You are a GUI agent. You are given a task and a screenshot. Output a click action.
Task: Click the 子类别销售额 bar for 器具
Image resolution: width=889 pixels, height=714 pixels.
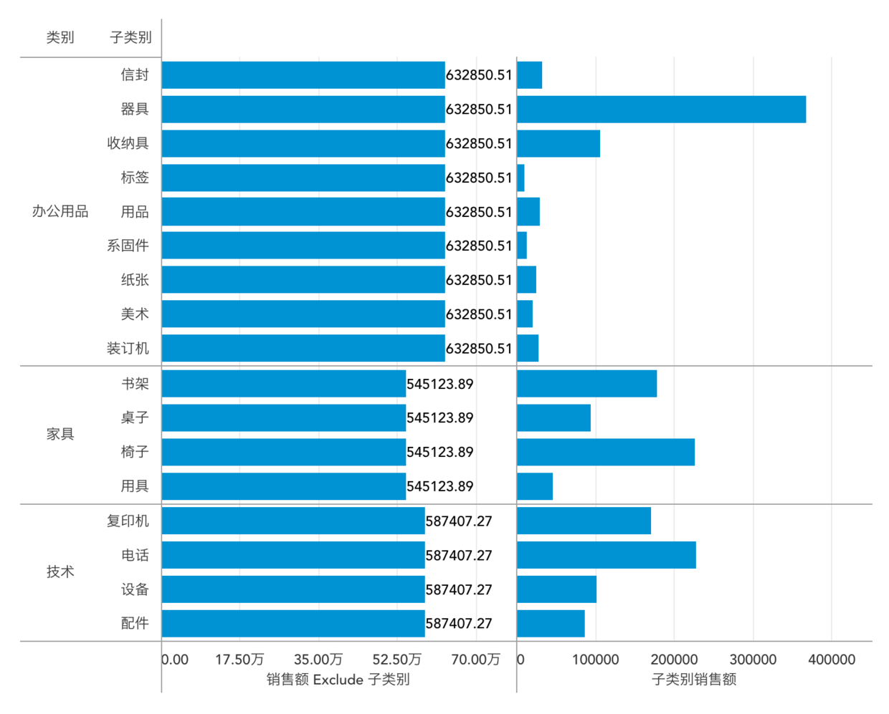coord(661,110)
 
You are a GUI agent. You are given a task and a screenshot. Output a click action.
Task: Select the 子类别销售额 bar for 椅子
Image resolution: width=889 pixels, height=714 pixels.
coord(605,452)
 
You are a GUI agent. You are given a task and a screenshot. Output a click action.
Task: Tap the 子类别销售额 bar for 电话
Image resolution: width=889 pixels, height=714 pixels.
coord(606,555)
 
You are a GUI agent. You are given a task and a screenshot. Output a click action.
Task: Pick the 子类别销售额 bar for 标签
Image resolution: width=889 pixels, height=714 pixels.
coord(520,178)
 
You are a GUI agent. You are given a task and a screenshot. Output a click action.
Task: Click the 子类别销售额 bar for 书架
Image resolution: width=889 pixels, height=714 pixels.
coord(586,384)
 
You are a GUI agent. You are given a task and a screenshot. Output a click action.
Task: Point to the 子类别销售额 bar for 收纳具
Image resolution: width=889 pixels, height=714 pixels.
coord(558,144)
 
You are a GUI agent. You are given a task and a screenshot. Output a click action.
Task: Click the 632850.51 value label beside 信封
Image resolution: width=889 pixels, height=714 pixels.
coord(479,75)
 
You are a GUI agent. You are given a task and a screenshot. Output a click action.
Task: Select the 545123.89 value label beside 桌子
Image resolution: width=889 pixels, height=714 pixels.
coord(439,418)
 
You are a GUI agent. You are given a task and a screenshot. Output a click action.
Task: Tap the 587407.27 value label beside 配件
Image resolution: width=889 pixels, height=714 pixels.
coord(459,623)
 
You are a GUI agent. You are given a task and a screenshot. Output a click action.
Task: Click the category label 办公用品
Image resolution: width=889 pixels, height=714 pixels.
coord(60,211)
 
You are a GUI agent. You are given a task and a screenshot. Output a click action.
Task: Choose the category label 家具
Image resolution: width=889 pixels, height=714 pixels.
coord(60,434)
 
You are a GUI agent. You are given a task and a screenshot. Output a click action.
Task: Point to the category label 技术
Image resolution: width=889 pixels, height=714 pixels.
coord(60,571)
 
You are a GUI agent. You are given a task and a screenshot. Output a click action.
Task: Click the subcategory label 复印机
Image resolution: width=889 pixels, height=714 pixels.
coord(128,521)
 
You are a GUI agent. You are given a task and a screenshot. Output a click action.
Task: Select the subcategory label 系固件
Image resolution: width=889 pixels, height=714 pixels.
coord(128,246)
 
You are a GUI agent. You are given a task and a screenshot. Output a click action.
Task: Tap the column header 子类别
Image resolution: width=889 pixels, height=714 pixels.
coord(130,37)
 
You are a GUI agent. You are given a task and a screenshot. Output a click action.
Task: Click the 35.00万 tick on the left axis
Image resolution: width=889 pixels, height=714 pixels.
coord(318,660)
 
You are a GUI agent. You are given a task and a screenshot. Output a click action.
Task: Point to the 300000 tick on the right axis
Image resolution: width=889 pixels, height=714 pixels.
coord(753,660)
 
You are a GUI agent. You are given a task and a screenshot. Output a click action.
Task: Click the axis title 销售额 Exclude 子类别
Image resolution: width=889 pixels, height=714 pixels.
coord(338,680)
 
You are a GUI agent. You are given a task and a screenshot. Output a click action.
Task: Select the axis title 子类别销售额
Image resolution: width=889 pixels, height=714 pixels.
coord(693,680)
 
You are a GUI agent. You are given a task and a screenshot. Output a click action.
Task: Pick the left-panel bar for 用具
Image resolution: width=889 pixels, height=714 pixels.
coord(283,486)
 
